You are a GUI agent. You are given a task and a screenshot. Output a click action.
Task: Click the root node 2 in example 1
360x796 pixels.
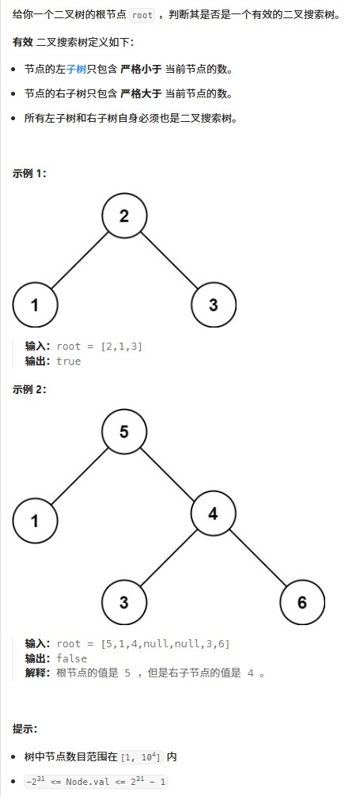[x=124, y=216]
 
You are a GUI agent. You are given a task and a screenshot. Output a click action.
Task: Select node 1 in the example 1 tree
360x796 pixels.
[x=35, y=305]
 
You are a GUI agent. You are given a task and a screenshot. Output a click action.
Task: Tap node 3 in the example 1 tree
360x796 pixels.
[x=214, y=305]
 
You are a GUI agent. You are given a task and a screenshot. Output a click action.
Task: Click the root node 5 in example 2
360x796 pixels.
[x=124, y=431]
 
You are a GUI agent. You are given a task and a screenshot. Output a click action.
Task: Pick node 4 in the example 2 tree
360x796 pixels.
[x=214, y=514]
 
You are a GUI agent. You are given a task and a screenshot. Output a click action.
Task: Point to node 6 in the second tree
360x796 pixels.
[x=302, y=603]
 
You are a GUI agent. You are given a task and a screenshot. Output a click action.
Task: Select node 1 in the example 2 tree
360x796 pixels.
[x=35, y=521]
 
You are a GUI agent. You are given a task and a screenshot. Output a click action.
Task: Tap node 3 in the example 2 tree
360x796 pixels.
[x=124, y=603]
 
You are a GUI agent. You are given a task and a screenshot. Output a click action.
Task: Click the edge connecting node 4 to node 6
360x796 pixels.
[x=258, y=558]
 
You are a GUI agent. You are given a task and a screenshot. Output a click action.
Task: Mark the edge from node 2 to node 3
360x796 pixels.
[x=169, y=260]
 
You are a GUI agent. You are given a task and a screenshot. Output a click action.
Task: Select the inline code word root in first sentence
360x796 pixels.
[x=142, y=15]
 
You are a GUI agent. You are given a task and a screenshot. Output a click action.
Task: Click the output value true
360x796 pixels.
[x=69, y=362]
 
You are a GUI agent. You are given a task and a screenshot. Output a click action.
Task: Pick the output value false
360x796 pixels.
[x=71, y=658]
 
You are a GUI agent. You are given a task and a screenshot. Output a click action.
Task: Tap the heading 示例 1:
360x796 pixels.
[x=29, y=173]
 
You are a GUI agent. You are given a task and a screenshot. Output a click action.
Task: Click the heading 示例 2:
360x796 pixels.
[x=29, y=389]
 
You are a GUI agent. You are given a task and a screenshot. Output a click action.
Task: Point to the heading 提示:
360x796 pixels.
[x=25, y=729]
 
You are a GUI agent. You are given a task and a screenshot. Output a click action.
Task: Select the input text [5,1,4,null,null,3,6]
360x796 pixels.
[x=165, y=644]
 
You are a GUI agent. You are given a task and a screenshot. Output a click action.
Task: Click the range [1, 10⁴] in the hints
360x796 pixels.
[x=141, y=757]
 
